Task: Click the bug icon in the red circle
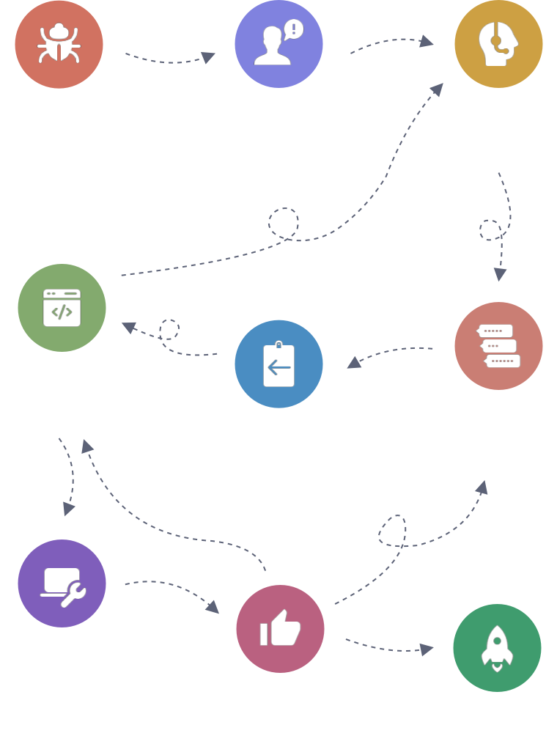pos(59,44)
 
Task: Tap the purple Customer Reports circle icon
pos(278,44)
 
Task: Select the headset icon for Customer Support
pos(498,44)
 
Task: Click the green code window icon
pos(62,308)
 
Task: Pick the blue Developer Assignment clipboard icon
pos(278,364)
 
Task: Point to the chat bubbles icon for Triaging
pos(498,345)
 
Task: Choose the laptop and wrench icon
pos(62,583)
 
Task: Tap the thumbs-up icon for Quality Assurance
pos(280,629)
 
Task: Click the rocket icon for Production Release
pos(497,648)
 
